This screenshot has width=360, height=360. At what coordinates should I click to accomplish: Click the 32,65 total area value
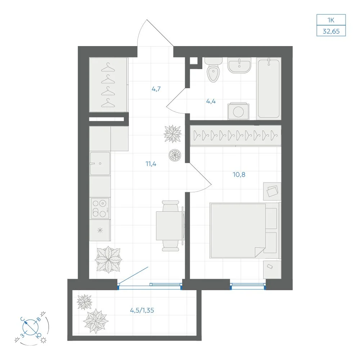(x=331, y=31)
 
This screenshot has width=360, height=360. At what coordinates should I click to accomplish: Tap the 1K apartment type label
(x=331, y=20)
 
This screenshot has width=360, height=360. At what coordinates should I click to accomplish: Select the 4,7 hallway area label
(x=156, y=89)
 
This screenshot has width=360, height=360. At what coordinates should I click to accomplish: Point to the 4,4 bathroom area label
(x=211, y=101)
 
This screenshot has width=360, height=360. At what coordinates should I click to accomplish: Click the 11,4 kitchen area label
(x=151, y=164)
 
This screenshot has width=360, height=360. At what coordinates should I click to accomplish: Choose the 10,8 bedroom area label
(x=239, y=175)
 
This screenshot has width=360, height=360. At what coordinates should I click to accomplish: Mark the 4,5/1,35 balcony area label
(x=142, y=310)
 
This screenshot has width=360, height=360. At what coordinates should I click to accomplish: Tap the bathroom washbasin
(x=239, y=65)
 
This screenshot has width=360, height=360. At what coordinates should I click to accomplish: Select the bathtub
(x=269, y=89)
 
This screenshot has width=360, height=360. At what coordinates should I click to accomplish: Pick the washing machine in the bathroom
(x=238, y=111)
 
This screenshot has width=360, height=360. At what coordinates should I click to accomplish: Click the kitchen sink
(x=100, y=163)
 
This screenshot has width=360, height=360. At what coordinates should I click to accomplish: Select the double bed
(x=245, y=230)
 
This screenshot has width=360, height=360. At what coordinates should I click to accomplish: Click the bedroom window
(x=248, y=286)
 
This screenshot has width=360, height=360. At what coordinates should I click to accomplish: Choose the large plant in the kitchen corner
(x=108, y=260)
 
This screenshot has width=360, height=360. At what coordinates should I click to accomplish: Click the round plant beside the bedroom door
(x=175, y=156)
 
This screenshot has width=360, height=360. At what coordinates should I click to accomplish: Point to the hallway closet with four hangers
(x=108, y=85)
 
